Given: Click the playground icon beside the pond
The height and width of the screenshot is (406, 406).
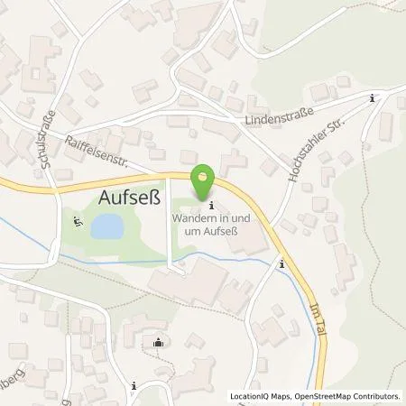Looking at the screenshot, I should pyautogui.click(x=77, y=220).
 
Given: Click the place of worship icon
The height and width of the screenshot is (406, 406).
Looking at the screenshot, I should pyautogui.click(x=160, y=341).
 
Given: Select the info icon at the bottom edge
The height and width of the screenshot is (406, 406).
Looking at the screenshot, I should pyautogui.click(x=133, y=386).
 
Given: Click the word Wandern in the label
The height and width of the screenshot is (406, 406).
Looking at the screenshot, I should pyautogui.click(x=191, y=218).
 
